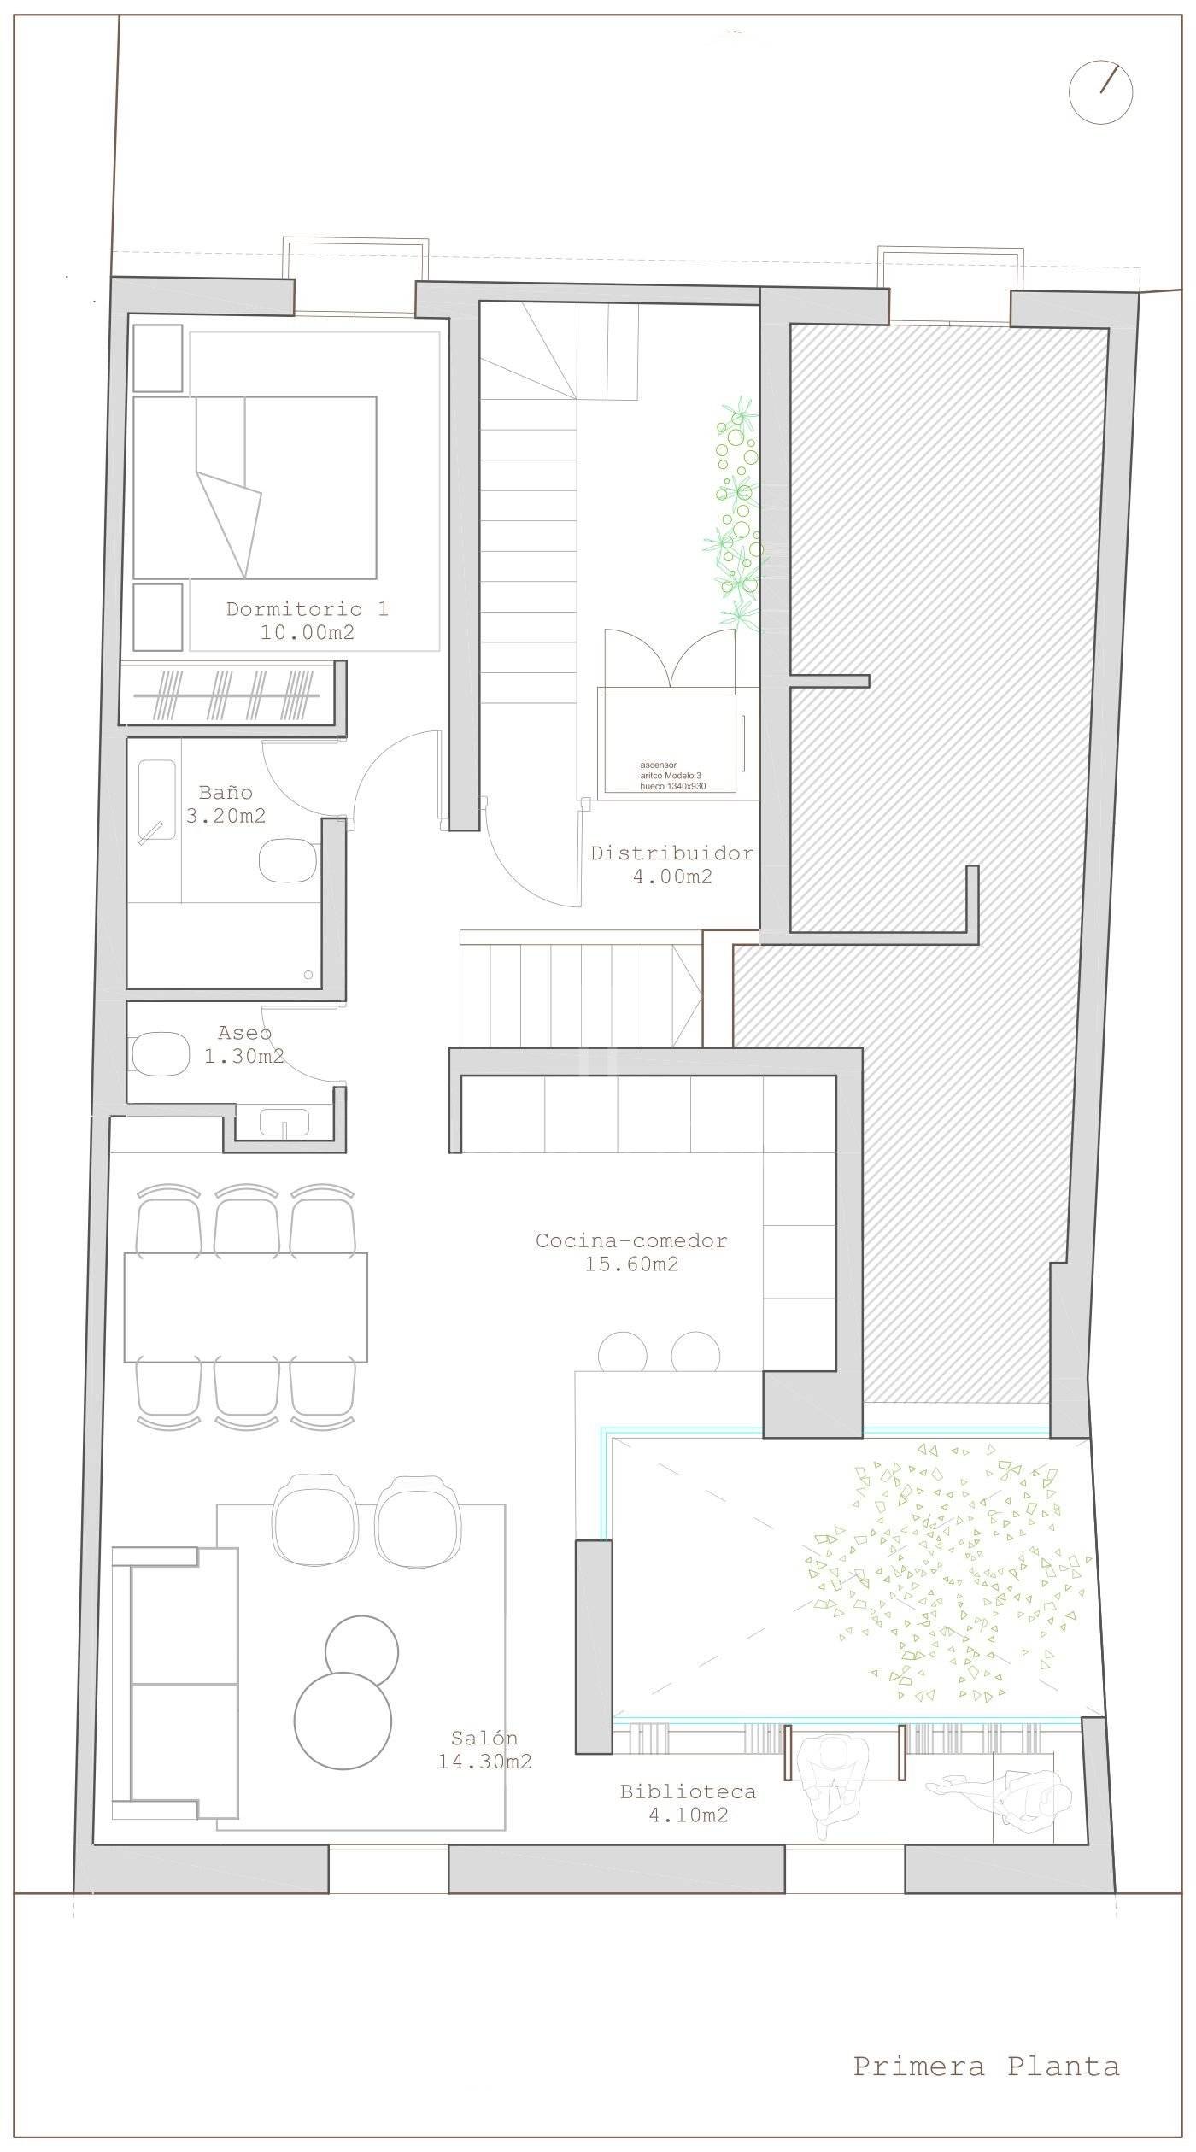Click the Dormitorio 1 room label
click(307, 609)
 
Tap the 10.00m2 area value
click(307, 633)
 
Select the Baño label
click(226, 792)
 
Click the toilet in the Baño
click(288, 861)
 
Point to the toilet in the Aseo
click(159, 1053)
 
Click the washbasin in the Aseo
click(284, 1122)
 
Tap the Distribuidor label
click(672, 853)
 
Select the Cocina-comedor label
click(631, 1240)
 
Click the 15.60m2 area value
click(631, 1264)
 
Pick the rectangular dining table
click(246, 1307)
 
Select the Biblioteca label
click(688, 1792)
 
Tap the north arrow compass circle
click(1101, 93)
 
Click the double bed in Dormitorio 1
click(255, 488)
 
